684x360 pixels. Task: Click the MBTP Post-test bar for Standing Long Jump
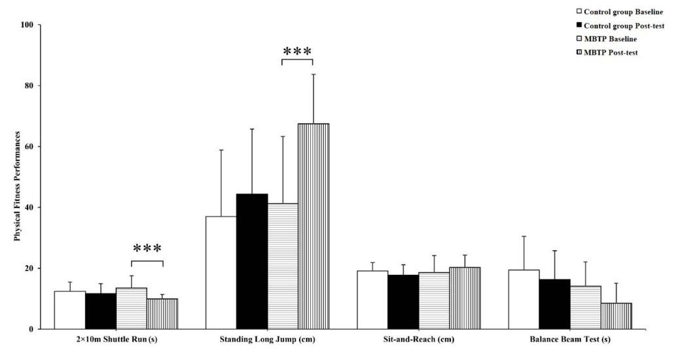coord(314,226)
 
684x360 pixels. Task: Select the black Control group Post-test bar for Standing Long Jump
coord(252,261)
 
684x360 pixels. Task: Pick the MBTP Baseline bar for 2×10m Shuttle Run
coord(132,308)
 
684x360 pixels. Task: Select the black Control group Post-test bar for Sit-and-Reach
coord(403,302)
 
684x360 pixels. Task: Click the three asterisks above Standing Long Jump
coord(297,52)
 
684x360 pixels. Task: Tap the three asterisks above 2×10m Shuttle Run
coord(147,249)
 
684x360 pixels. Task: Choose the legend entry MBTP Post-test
coord(611,52)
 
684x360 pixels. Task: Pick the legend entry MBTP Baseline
coord(609,39)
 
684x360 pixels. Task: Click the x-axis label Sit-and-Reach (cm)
coord(418,340)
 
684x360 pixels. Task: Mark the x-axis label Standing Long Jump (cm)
coord(267,340)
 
